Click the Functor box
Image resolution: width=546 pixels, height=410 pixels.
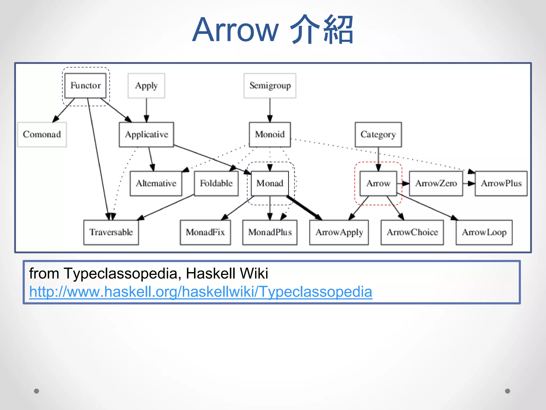tap(85, 86)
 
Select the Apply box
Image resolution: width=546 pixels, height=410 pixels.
tap(146, 86)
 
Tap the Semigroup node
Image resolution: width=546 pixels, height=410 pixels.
tap(270, 86)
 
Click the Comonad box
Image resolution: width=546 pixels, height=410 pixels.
tap(42, 135)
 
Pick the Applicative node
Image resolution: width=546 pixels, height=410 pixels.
tap(146, 135)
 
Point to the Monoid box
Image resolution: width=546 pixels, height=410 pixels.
tap(270, 135)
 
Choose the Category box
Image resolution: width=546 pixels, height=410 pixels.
tap(378, 135)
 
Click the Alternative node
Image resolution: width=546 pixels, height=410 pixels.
tap(156, 184)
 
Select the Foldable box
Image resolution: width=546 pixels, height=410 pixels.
tap(216, 184)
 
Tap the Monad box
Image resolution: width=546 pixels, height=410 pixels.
tap(270, 184)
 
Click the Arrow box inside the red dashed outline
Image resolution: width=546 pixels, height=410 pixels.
tap(378, 184)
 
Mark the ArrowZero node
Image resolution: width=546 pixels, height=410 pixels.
tap(436, 184)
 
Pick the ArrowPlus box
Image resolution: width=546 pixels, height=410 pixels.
tap(501, 184)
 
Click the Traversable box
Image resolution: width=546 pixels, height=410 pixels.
tap(111, 232)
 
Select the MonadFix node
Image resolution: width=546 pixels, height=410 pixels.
tap(205, 232)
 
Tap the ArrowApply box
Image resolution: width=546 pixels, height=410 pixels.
tap(339, 232)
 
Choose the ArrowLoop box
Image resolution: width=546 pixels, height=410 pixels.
tap(484, 232)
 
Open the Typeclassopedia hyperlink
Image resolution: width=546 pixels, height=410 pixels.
tap(200, 292)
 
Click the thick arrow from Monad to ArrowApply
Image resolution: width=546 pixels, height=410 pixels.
tap(304, 208)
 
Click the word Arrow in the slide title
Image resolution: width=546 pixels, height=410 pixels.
tap(235, 30)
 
